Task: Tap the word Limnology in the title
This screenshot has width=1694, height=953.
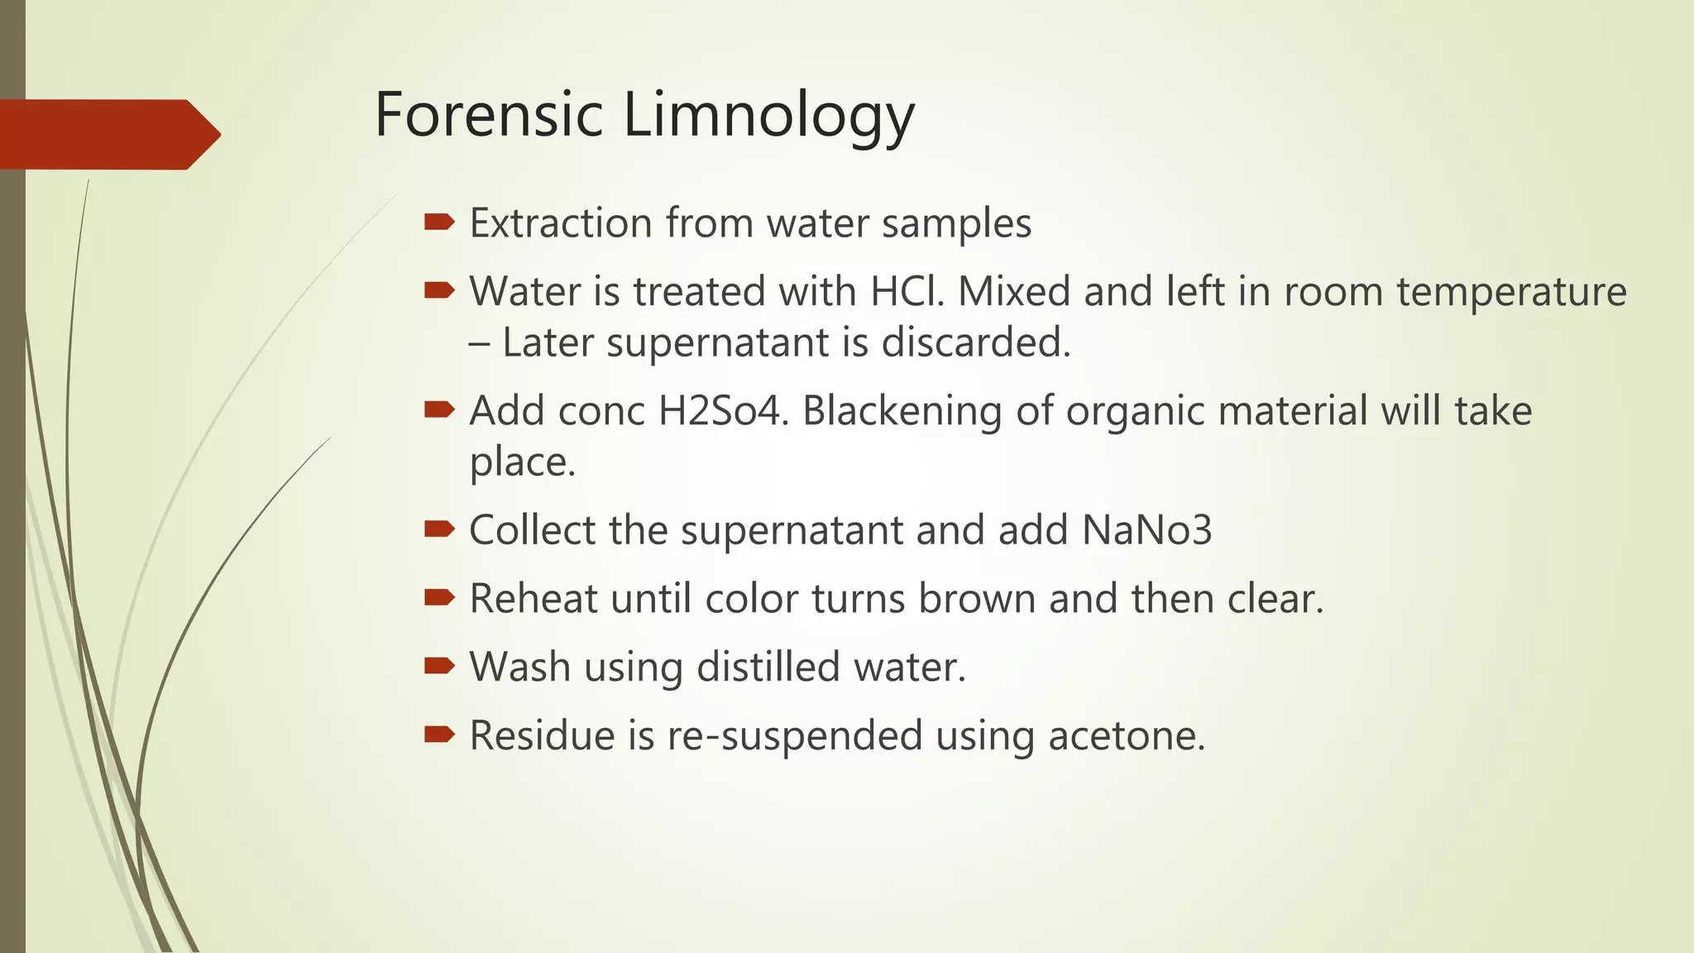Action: [768, 116]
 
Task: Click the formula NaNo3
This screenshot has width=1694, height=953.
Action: [1146, 530]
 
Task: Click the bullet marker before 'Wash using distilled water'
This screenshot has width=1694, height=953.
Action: [439, 665]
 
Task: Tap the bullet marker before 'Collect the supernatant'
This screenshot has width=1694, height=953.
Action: [439, 529]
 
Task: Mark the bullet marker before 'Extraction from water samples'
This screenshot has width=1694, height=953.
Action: [439, 222]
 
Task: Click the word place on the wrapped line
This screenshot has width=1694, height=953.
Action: [522, 462]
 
